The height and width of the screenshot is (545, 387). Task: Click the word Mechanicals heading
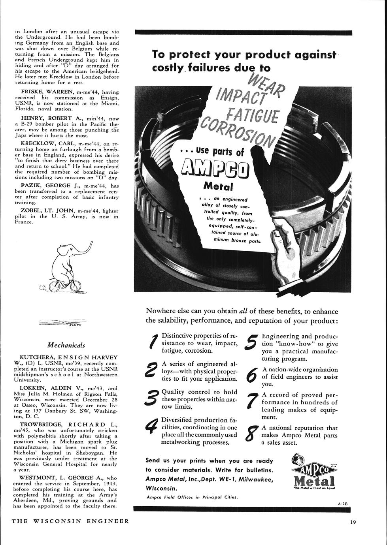[x=66, y=345]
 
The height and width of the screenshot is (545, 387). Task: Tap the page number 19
[x=353, y=522]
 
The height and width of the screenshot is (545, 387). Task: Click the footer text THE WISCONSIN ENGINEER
[x=70, y=521]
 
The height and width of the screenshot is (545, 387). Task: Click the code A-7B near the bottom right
[x=342, y=504]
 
